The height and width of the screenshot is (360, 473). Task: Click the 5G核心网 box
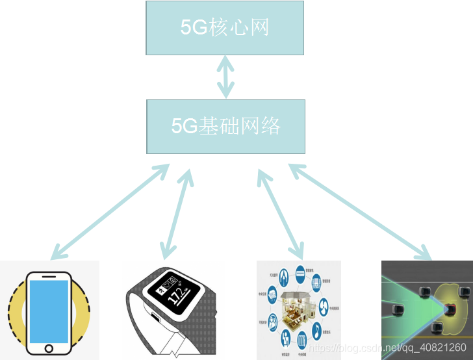(225, 27)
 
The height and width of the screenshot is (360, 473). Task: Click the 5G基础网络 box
(225, 126)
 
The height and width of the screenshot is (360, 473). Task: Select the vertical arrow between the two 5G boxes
(225, 77)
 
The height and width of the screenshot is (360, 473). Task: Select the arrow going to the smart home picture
(281, 212)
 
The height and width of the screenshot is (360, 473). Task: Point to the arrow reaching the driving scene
(360, 212)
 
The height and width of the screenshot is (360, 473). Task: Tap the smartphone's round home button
(49, 348)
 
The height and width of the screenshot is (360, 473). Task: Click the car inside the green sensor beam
(398, 304)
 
